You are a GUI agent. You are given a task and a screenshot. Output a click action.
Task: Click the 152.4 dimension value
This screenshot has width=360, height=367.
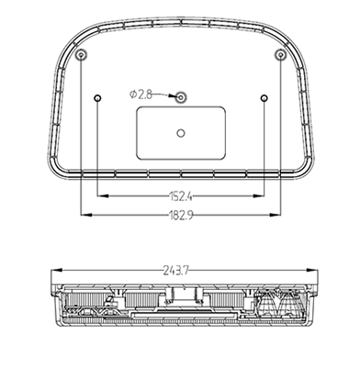point(181,196)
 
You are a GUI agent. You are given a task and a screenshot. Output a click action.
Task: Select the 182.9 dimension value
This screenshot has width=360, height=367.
point(181,216)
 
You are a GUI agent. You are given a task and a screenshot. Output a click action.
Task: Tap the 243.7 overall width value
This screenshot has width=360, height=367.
point(175,271)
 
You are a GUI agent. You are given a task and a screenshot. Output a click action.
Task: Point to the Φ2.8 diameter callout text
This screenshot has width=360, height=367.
point(141,95)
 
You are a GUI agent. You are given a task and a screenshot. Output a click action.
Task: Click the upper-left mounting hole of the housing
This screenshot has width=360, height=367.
point(81,55)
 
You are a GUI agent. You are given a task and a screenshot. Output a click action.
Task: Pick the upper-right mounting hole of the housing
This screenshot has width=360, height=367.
point(280,55)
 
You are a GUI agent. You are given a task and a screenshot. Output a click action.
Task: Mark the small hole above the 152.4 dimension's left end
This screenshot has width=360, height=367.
point(97,98)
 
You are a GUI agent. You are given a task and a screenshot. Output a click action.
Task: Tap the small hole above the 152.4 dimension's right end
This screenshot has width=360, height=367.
point(264,98)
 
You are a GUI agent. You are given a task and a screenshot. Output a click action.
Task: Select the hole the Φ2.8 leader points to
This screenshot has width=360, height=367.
point(181,97)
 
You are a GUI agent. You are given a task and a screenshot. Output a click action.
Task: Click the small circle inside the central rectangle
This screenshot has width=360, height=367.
point(181,133)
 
